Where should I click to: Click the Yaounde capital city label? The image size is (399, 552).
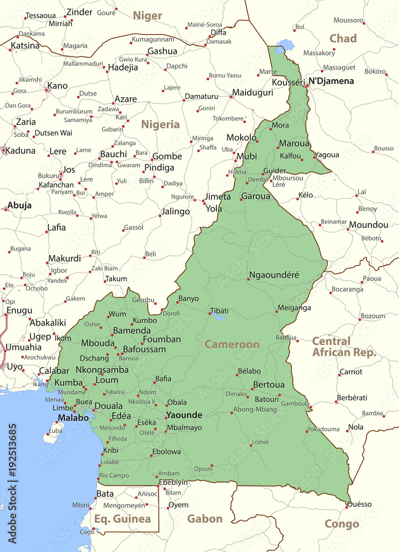coord(184,415)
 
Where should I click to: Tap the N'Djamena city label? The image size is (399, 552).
coord(331,81)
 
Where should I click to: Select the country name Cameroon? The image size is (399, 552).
coord(232,344)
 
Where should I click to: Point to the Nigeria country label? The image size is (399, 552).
coord(160,124)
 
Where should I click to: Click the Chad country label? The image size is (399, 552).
coord(343,38)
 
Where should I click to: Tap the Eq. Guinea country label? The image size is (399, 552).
coord(122,518)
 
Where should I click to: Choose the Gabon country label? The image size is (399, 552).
coord(205,518)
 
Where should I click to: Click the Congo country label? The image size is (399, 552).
coord(342,524)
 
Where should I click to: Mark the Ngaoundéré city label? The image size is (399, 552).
coord(274,275)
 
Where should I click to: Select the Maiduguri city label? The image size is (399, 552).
coord(252,92)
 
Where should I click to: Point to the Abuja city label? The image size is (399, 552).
coord(19,205)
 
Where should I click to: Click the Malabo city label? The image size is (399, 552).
coord(73,418)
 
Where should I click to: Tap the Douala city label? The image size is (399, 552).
coord(108,406)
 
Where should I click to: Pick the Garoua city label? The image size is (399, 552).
coord(256,196)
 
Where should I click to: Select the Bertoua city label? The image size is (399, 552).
coord(269,384)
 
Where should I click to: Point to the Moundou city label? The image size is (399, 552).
coord(368,225)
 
